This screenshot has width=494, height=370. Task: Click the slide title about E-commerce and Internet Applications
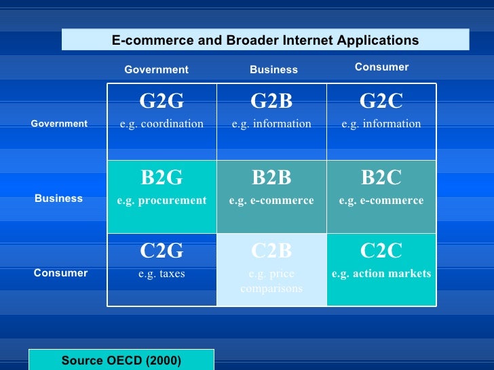click(265, 41)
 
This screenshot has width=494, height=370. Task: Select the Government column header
click(156, 70)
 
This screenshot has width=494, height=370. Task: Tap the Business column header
click(273, 70)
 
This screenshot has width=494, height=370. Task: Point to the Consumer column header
click(381, 67)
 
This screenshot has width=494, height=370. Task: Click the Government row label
click(59, 124)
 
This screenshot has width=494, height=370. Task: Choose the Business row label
click(58, 199)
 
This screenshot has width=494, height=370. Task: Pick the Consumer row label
click(60, 273)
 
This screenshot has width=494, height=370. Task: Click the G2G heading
click(161, 102)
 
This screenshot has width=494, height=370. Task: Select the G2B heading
click(271, 102)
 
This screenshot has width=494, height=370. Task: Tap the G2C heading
click(381, 102)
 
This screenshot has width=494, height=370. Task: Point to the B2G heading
click(161, 178)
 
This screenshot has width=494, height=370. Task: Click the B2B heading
click(271, 178)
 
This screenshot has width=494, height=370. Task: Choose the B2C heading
click(381, 178)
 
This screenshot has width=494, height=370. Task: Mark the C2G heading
click(161, 251)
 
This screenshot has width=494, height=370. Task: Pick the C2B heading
click(271, 251)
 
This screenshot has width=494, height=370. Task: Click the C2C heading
click(381, 251)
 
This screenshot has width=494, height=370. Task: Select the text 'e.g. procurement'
click(161, 201)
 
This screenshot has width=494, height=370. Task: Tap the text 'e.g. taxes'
click(161, 274)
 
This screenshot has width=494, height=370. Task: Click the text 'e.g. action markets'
click(381, 274)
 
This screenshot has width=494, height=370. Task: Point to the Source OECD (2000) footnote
click(121, 361)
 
